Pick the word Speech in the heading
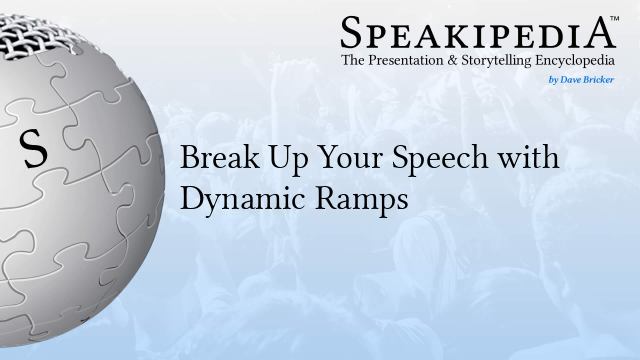tap(406, 160)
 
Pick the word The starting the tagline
tap(351, 61)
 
